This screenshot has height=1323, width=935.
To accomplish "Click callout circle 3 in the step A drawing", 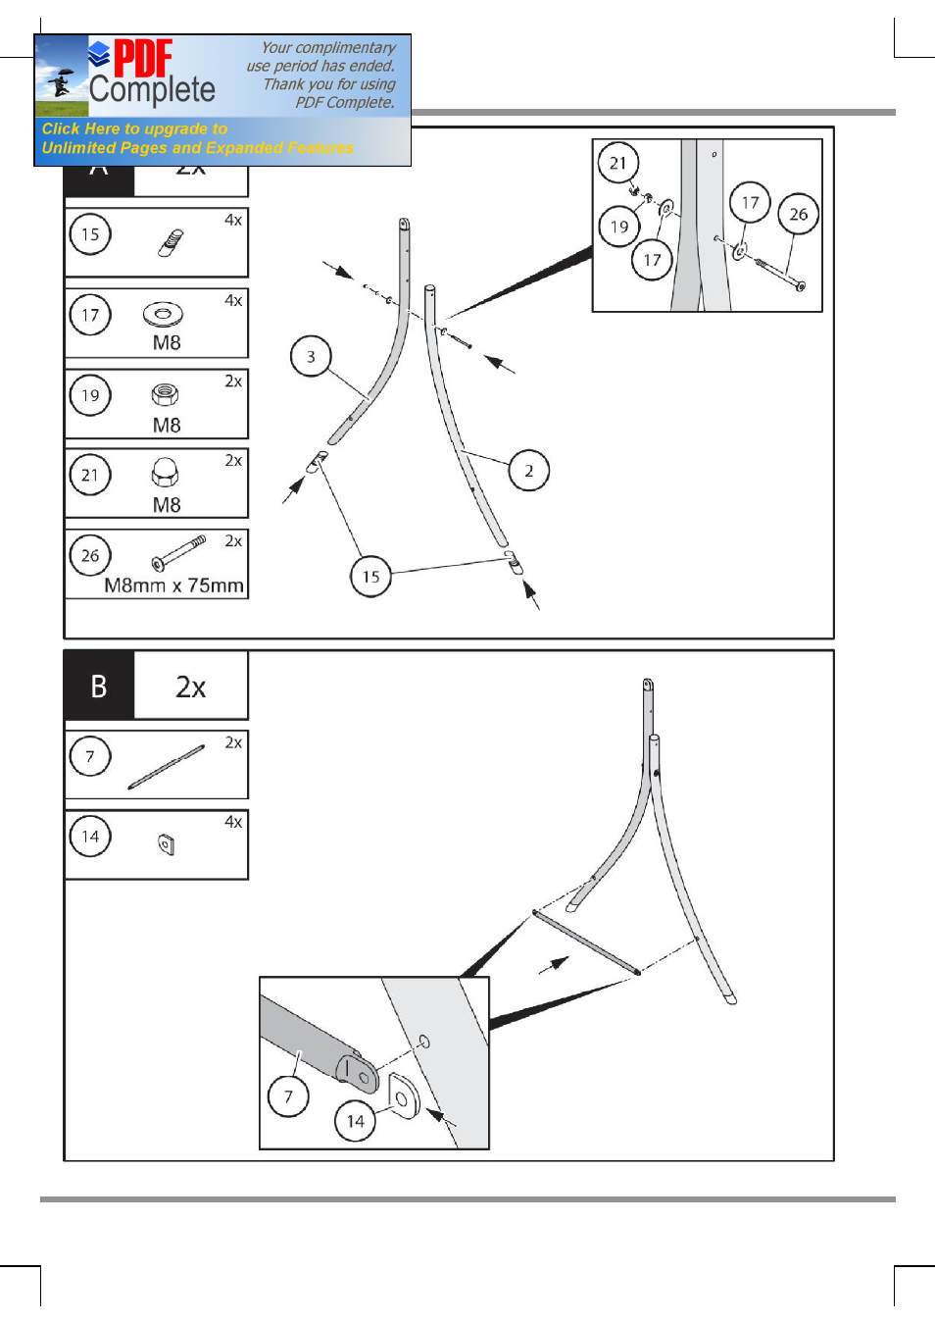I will (x=311, y=357).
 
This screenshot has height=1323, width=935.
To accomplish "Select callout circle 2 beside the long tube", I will (x=529, y=471).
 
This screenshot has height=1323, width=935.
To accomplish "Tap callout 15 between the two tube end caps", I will (x=370, y=577).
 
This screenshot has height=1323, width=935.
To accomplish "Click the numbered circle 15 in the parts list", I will (x=90, y=234).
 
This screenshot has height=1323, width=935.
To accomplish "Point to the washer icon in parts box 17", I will (x=163, y=315).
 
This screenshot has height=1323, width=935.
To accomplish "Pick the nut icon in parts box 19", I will (x=165, y=394).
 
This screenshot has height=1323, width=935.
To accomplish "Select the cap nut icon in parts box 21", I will (x=165, y=473).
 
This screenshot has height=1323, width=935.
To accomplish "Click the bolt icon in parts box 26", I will (x=178, y=553).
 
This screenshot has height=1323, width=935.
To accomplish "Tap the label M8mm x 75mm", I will (x=173, y=585).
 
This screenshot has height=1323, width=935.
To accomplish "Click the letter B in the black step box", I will (x=99, y=687).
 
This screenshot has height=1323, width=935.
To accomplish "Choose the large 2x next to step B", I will (x=191, y=687).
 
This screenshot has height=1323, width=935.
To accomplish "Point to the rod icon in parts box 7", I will (x=166, y=767).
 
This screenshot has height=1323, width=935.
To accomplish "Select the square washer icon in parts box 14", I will (x=166, y=843).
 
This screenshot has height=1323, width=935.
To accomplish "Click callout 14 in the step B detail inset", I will (x=356, y=1121).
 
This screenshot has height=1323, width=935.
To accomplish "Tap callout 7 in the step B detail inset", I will (x=288, y=1096).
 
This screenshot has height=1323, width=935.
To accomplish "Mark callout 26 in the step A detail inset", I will (x=799, y=214).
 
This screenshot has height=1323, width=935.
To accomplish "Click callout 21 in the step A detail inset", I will (x=617, y=163).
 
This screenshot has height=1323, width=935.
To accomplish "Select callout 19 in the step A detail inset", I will (x=619, y=227).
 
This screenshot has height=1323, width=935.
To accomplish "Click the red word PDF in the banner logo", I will (x=143, y=58).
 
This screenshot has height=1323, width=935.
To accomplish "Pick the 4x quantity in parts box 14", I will (x=233, y=822).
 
